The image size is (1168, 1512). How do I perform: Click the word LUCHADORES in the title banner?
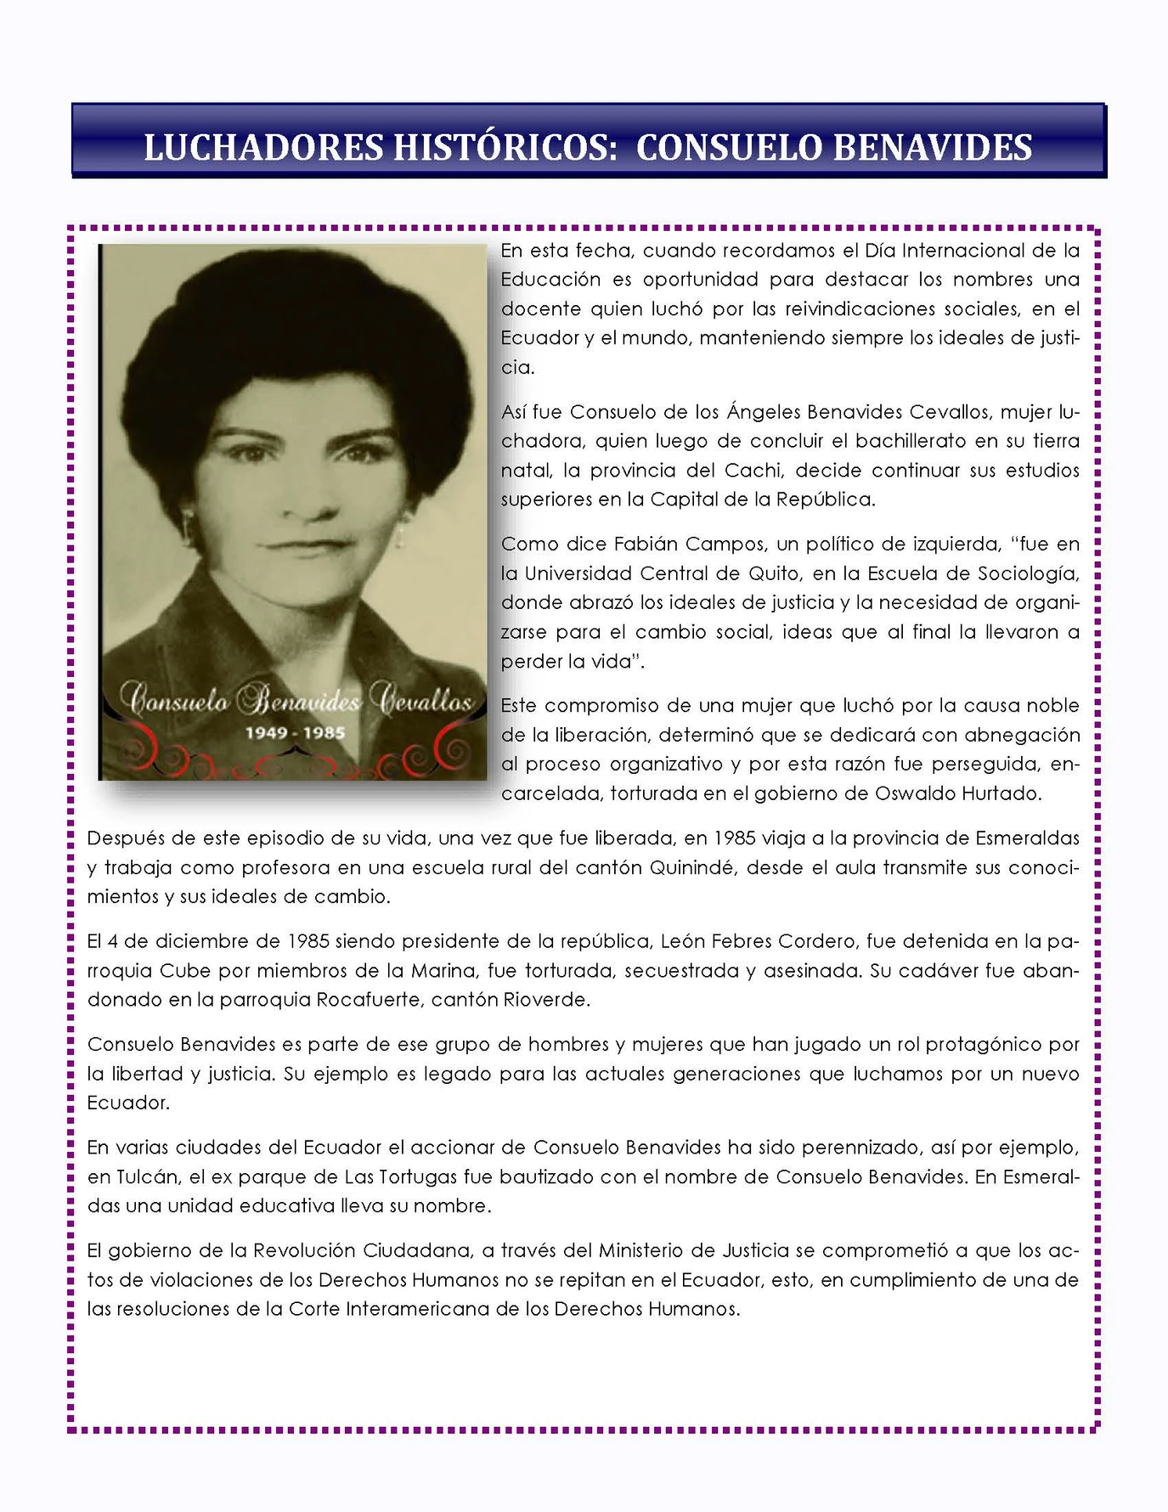click(x=262, y=147)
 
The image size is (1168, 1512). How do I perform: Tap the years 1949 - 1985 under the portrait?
click(x=295, y=732)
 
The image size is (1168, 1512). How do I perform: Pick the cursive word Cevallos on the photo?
click(x=426, y=701)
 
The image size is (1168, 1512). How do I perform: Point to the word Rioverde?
click(x=545, y=1000)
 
